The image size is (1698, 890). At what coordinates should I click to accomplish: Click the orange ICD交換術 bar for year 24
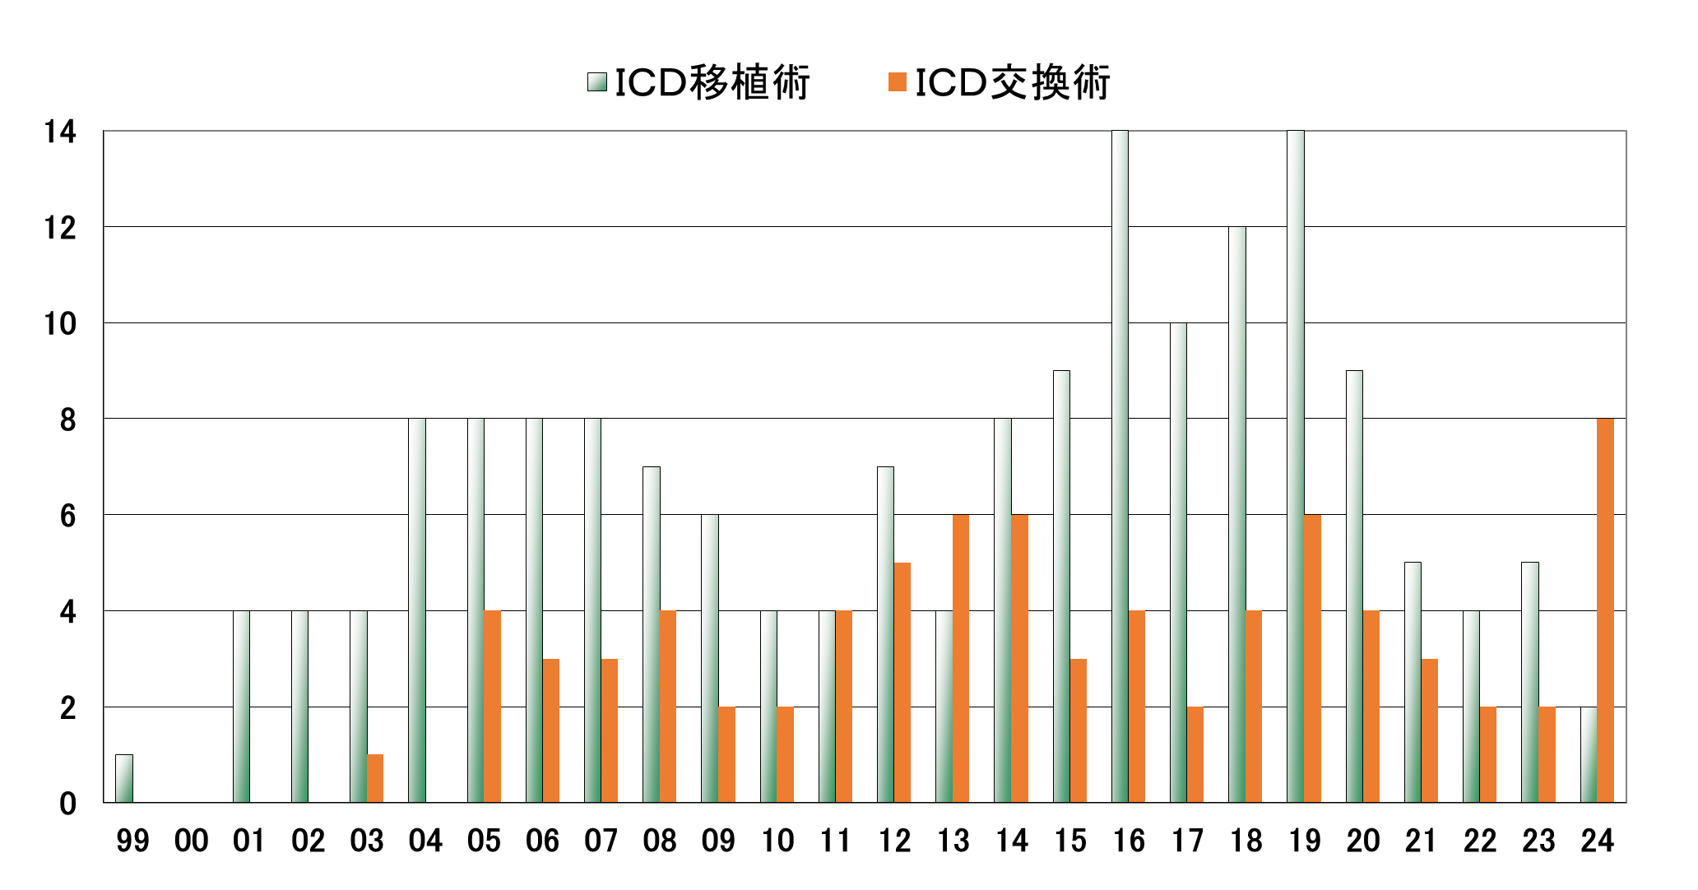[x=1605, y=610]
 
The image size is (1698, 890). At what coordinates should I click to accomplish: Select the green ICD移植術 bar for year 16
[x=1120, y=466]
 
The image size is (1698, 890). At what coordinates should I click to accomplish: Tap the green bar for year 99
[x=124, y=778]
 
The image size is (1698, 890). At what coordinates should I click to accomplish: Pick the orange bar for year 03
[x=375, y=778]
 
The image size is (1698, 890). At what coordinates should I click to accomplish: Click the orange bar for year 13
[x=961, y=658]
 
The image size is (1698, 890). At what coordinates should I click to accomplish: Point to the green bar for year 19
[x=1296, y=466]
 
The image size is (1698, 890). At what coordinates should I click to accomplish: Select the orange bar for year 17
[x=1195, y=754]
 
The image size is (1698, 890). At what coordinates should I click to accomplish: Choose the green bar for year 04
[x=417, y=610]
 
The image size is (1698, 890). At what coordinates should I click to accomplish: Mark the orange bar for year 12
[x=902, y=683]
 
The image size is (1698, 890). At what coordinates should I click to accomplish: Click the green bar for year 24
[x=1589, y=754]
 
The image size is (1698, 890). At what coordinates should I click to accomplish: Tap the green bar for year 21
[x=1413, y=683]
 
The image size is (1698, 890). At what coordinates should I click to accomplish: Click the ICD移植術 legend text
[x=712, y=82]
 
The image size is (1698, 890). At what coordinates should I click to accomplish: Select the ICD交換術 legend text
[x=1013, y=82]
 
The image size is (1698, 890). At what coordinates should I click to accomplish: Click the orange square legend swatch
[x=898, y=82]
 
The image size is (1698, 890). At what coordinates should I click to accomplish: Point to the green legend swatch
[x=597, y=82]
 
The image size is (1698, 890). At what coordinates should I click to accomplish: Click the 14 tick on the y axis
[x=60, y=132]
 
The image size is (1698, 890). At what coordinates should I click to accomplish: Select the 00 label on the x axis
[x=191, y=841]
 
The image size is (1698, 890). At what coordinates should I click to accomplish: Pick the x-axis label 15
[x=1070, y=841]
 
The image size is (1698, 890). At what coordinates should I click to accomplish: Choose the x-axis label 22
[x=1480, y=841]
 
